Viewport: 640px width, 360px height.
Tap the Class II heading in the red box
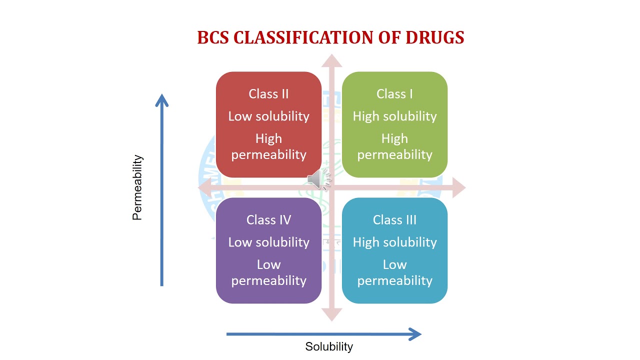tap(268, 94)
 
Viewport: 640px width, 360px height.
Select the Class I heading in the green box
tap(394, 94)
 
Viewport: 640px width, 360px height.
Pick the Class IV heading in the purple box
tap(268, 220)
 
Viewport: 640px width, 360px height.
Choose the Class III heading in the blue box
tap(394, 220)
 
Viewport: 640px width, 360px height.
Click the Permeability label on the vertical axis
tap(137, 187)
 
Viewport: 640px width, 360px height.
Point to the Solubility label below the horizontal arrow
tap(329, 346)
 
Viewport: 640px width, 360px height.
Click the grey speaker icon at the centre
tap(318, 179)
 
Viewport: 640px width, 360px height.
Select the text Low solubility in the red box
tap(268, 116)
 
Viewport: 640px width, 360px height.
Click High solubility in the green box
tap(394, 116)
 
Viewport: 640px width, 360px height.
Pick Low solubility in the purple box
tap(268, 242)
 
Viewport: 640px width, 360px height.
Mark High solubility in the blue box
tap(394, 242)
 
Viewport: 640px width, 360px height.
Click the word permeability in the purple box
tap(268, 280)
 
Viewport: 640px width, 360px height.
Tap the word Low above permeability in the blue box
tap(394, 264)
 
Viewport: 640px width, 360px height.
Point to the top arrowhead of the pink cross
tap(331, 60)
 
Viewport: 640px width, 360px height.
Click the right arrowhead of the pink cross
tap(459, 187)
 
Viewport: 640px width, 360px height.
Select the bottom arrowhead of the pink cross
tap(331, 314)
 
